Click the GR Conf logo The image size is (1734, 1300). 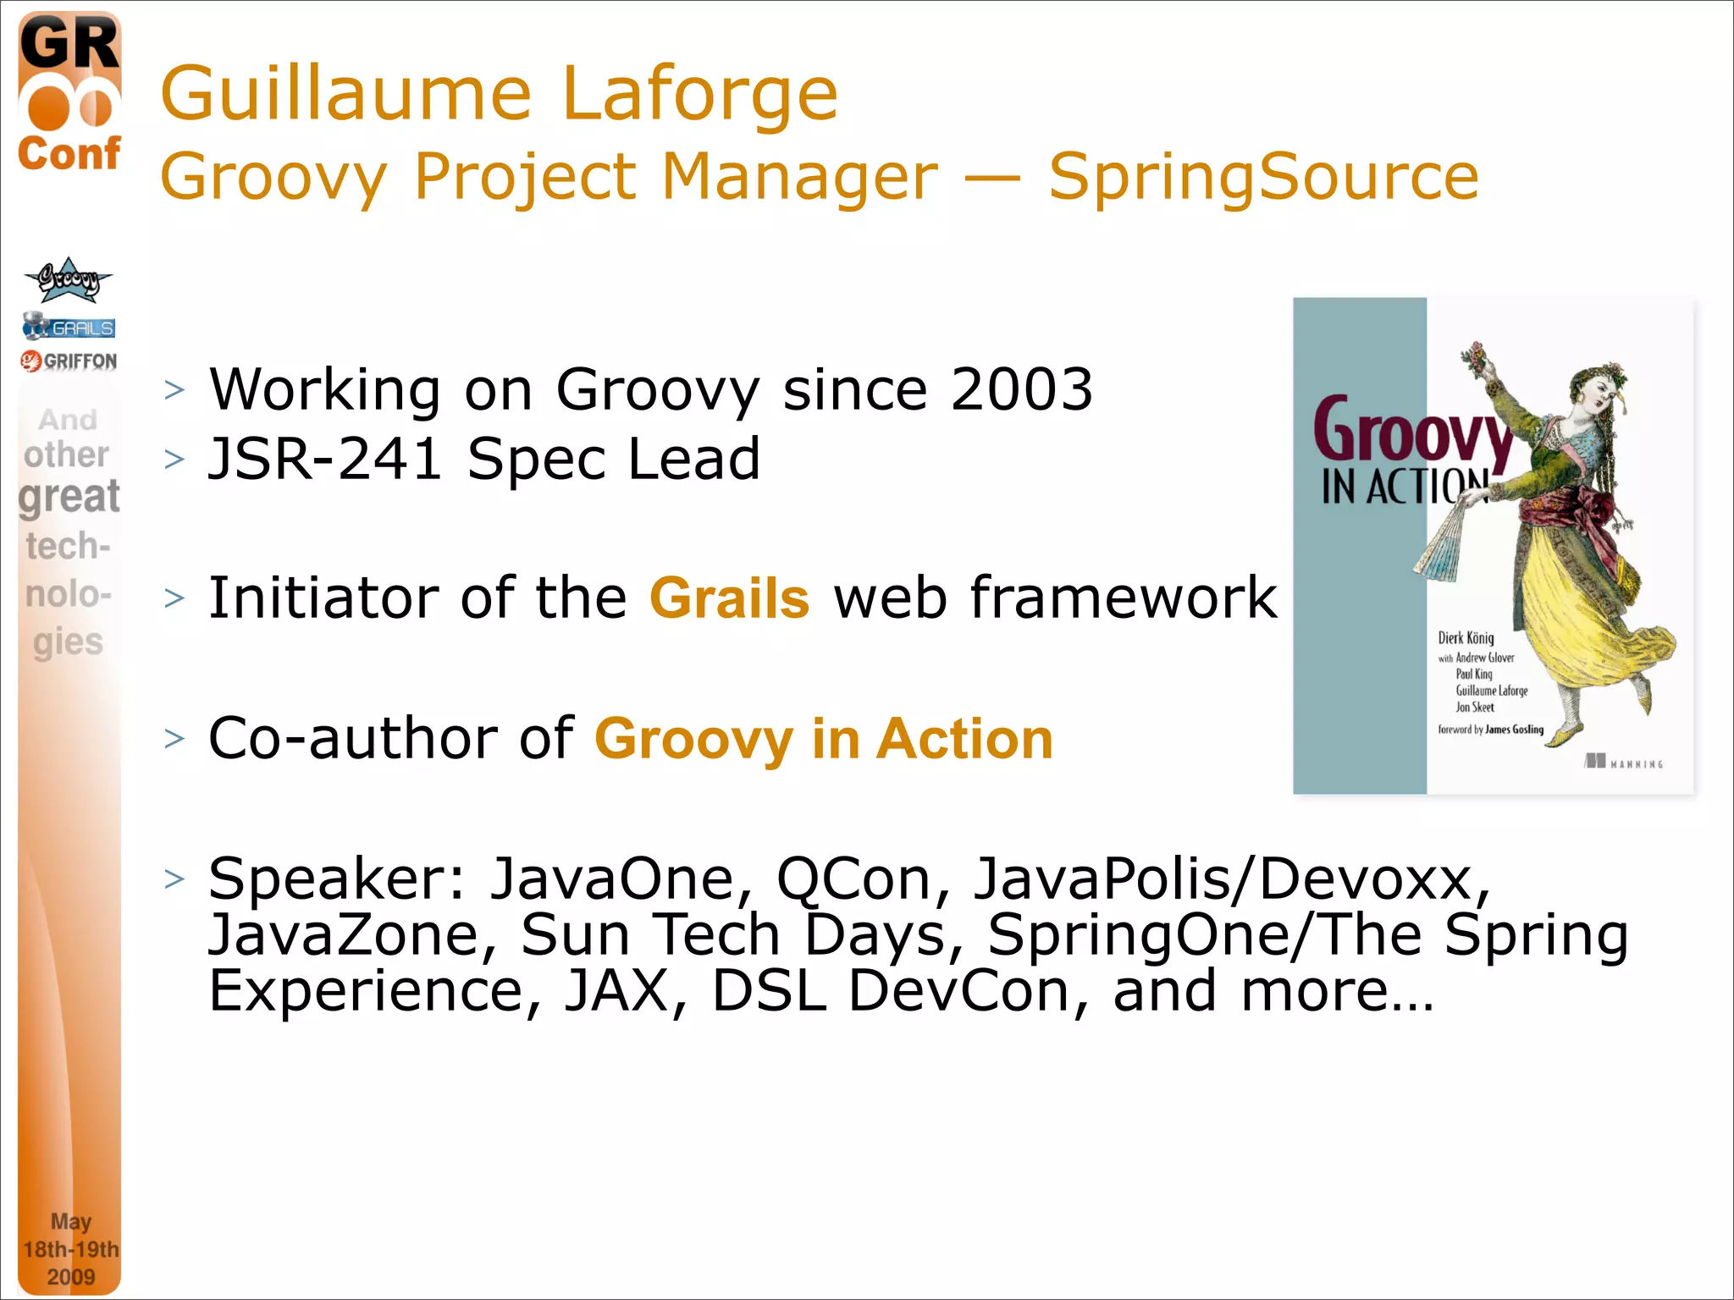[69, 93]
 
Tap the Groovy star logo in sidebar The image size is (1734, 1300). [68, 280]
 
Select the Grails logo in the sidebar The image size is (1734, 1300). [69, 326]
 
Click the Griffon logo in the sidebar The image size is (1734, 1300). [69, 361]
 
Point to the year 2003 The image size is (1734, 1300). [1021, 390]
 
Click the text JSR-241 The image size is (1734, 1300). [325, 460]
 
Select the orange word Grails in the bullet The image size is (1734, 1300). [729, 598]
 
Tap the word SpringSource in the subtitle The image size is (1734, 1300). [1263, 177]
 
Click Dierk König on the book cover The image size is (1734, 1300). [1466, 638]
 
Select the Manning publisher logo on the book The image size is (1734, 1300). [1623, 763]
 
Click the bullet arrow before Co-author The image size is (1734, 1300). [174, 739]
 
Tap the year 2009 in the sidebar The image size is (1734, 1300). [70, 1276]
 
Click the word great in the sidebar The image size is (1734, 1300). [69, 497]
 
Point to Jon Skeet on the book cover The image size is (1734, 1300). [1474, 708]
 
